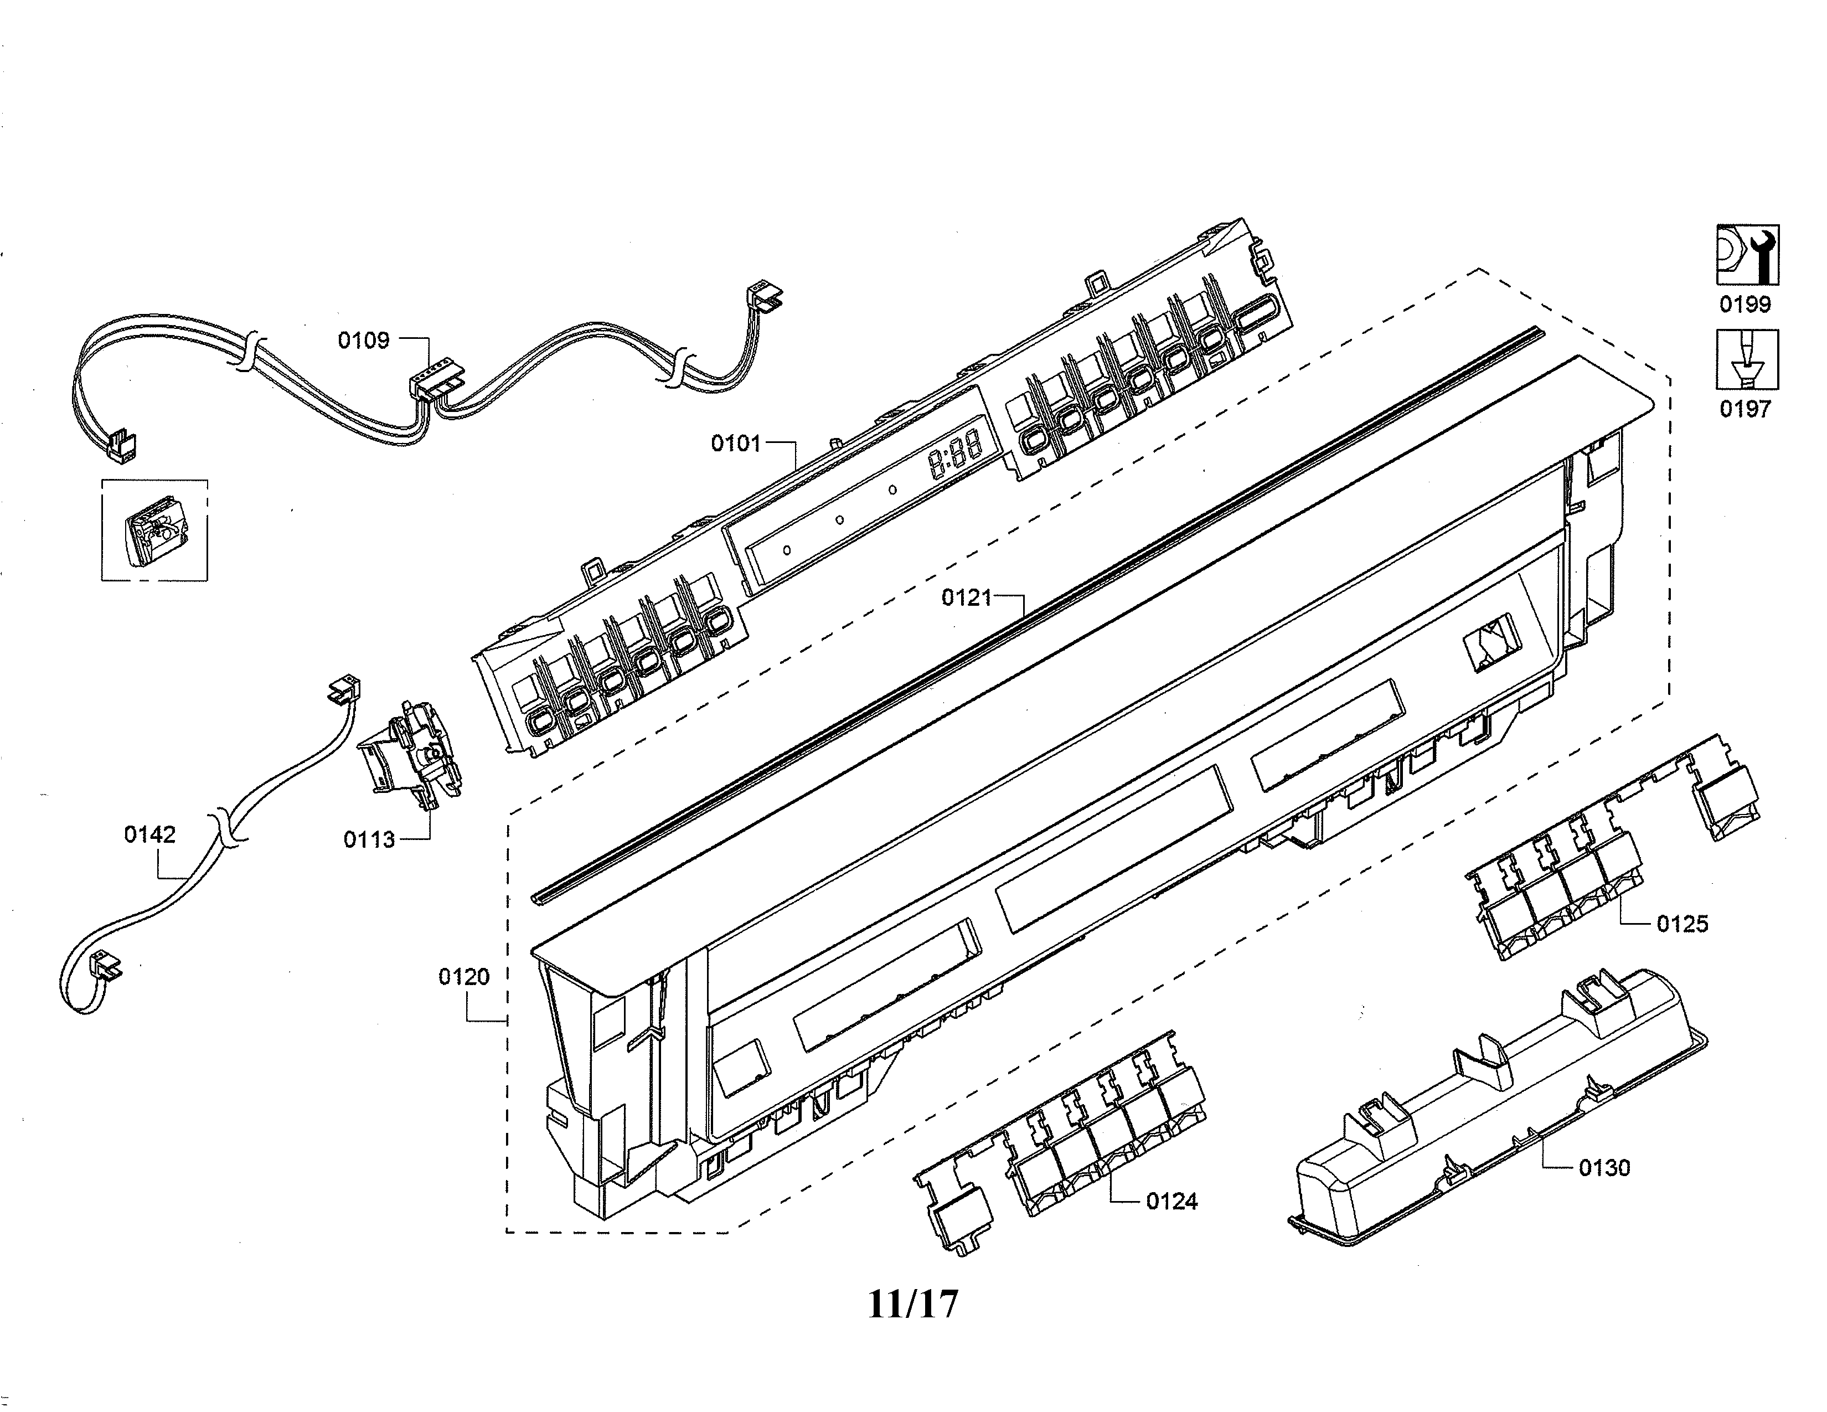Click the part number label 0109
pos(363,341)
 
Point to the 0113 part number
pos(369,840)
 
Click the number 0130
pos(1604,1168)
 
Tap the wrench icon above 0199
pos(1747,255)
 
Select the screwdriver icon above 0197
pos(1747,360)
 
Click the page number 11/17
pos(912,1303)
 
